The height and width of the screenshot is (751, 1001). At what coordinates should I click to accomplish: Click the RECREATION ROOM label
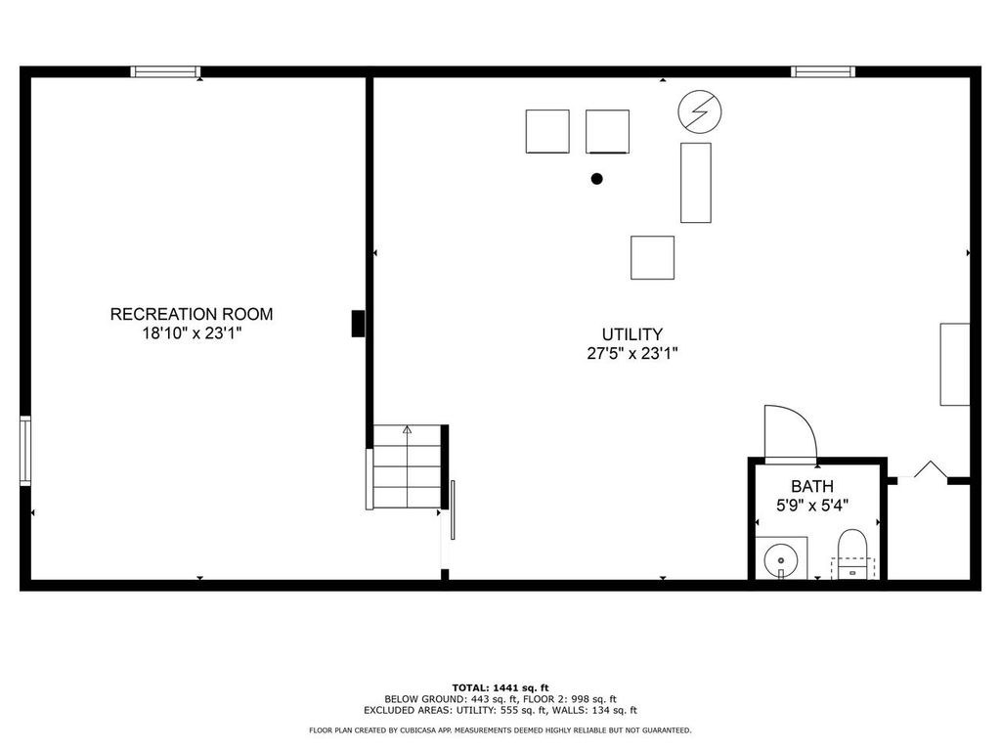tap(192, 314)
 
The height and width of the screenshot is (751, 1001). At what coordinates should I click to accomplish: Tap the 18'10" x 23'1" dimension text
tap(192, 333)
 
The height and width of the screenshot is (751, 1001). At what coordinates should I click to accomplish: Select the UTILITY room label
tap(632, 333)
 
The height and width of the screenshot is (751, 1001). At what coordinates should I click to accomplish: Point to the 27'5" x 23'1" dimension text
tap(632, 353)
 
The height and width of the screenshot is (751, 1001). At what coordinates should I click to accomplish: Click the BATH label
tap(812, 486)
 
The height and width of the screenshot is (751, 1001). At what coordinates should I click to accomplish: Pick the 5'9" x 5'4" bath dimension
tap(812, 505)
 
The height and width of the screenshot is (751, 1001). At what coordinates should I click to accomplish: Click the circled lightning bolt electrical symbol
tap(699, 112)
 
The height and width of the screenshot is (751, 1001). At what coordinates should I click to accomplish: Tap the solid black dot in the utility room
tap(596, 179)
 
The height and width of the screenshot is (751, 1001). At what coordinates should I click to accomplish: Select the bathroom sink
tap(781, 559)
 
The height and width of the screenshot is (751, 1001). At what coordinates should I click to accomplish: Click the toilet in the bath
tap(852, 553)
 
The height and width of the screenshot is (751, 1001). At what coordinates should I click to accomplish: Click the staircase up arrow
tap(408, 428)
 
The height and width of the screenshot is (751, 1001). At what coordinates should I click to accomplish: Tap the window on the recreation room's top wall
tap(166, 71)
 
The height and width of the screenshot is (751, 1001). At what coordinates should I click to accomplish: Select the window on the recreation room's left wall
tap(25, 451)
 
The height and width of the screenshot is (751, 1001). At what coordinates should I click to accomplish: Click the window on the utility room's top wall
tap(823, 71)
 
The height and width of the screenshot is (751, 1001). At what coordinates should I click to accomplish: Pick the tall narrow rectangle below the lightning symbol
tap(696, 183)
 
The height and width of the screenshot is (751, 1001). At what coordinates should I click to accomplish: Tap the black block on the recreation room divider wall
tap(359, 324)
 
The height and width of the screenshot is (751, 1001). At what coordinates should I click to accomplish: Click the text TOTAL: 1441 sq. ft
tap(500, 687)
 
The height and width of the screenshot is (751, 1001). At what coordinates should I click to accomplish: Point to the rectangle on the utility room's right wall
tap(955, 364)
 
